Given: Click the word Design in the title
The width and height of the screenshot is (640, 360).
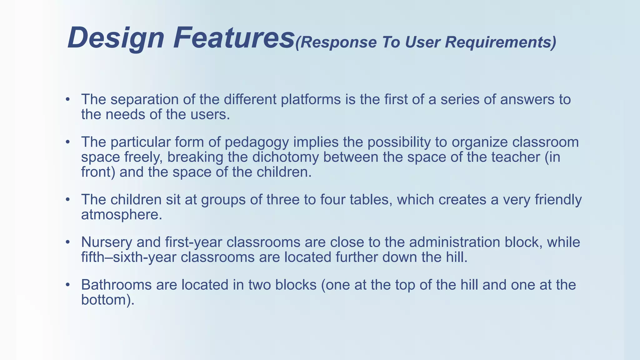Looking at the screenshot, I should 116,38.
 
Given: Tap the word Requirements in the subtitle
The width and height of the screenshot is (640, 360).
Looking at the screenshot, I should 500,42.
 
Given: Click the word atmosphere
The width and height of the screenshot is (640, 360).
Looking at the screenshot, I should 122,215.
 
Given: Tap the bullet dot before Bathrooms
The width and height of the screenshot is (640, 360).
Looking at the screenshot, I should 67,285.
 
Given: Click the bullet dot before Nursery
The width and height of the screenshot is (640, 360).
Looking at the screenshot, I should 67,242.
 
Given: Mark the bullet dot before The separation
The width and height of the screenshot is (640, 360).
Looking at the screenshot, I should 67,100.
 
